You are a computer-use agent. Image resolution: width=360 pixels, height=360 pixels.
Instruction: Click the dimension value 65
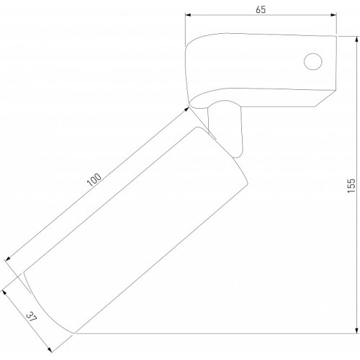coord(261,9)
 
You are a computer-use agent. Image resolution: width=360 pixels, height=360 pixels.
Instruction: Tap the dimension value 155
coord(351,185)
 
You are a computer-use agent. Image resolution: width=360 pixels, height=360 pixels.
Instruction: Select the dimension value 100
coord(94,180)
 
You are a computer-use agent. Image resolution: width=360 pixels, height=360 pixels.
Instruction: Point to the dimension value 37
coord(32,318)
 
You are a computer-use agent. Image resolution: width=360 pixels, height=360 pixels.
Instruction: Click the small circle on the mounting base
coord(313,62)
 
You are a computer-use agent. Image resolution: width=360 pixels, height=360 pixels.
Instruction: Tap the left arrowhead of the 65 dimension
coord(188,15)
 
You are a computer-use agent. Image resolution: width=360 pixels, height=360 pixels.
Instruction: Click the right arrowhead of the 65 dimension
coord(333,15)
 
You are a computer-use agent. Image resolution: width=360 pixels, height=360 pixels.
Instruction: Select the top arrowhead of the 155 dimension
coord(356,40)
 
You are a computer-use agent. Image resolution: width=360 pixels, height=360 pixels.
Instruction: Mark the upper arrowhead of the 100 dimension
coord(186,109)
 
